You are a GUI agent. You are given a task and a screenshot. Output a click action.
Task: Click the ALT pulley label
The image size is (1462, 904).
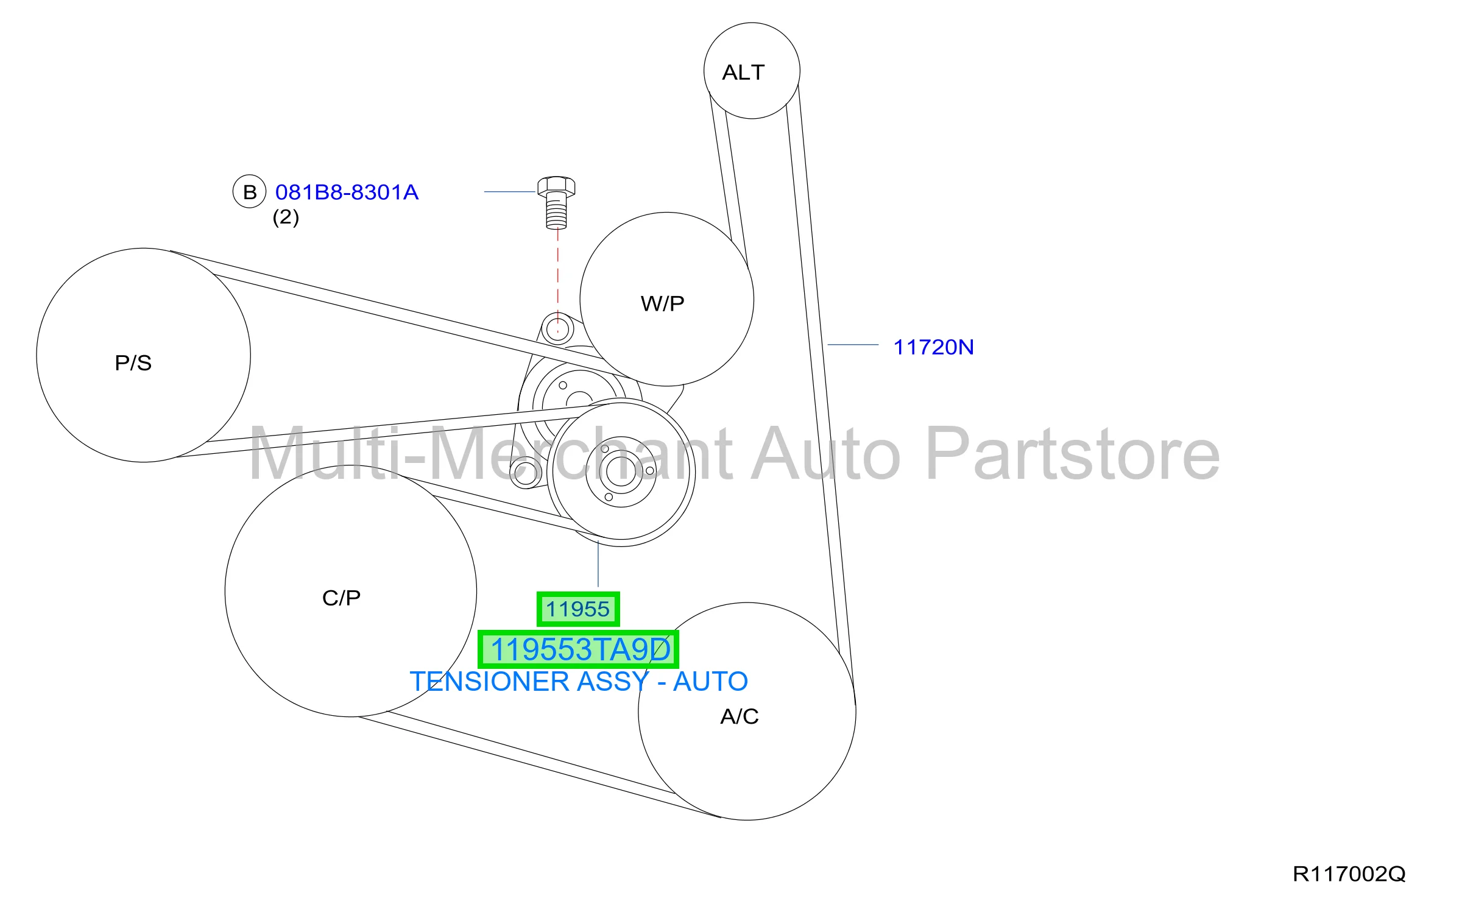743,72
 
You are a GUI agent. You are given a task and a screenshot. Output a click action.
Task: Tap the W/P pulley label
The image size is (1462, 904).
663,303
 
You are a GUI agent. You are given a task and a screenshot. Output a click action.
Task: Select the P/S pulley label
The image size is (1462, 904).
133,363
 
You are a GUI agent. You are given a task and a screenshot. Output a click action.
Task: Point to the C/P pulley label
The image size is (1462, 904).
341,598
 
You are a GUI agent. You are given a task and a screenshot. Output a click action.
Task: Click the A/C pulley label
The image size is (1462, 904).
740,716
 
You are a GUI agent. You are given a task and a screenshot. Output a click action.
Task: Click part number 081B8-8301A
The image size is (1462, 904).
347,192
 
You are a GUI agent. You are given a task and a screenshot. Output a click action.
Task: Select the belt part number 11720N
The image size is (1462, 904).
933,347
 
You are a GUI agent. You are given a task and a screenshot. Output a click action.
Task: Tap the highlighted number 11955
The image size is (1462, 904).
577,609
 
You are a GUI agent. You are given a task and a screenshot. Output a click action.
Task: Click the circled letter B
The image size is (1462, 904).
250,192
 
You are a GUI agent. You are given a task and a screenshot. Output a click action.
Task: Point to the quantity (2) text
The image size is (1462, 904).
286,217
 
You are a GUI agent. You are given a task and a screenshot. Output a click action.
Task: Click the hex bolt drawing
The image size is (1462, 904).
556,203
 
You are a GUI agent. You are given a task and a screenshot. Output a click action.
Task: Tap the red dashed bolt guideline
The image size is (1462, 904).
557,280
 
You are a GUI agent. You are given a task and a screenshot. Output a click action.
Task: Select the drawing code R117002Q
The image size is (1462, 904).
1349,874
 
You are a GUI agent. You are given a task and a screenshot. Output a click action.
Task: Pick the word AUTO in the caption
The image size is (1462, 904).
710,682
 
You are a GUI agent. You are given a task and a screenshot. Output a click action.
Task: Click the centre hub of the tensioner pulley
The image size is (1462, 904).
621,471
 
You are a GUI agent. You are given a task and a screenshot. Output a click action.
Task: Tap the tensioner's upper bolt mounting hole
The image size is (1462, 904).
557,330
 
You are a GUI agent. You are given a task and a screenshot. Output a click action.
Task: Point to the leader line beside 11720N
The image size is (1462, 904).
853,345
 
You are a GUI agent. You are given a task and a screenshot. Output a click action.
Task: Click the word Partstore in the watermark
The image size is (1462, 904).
1072,454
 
